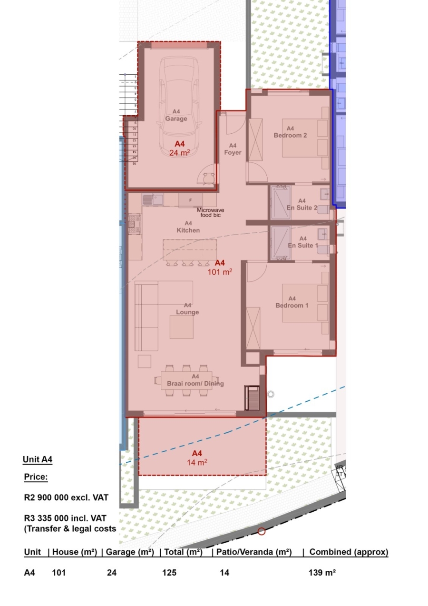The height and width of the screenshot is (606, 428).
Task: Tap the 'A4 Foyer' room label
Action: coord(233,149)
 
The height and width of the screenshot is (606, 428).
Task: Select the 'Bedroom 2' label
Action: coord(290,132)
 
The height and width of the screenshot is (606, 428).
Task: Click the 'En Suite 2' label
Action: coord(302,204)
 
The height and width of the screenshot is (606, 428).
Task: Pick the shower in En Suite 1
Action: coord(281,242)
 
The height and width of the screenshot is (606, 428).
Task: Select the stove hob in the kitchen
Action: coord(135,224)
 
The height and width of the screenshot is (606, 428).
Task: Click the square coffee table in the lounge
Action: coord(181,327)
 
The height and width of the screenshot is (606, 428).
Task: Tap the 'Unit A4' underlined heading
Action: coord(38,459)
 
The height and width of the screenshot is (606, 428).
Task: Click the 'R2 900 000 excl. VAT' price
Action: coord(66,497)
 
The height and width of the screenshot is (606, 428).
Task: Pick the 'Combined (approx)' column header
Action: coord(349,552)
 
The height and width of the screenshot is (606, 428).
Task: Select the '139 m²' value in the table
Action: coord(322,573)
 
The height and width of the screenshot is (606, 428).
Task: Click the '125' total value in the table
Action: coord(169,573)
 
